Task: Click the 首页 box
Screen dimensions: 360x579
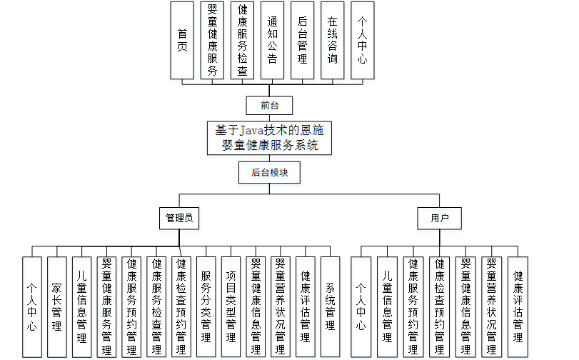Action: pos(182,40)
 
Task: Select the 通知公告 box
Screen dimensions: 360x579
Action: pos(273,40)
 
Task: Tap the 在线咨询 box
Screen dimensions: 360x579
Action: pos(332,40)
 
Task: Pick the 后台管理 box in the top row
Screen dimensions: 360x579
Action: pos(303,40)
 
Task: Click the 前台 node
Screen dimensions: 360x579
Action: pos(269,106)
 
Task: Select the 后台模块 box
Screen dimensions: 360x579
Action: pos(269,172)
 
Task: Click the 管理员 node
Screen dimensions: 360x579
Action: pos(178,218)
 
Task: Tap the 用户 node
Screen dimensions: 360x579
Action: pos(439,218)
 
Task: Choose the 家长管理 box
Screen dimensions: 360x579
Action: pos(57,306)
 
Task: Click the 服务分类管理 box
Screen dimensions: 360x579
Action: pos(206,306)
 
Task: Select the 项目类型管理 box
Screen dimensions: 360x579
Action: pos(231,306)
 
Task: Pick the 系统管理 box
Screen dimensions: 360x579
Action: pos(330,306)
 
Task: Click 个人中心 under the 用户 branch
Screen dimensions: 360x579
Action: pos(361,306)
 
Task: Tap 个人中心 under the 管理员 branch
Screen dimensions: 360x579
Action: pos(32,306)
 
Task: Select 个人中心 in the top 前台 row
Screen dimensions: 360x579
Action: pos(362,40)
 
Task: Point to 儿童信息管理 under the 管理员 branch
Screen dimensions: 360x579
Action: pos(81,306)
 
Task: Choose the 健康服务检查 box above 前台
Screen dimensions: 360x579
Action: pos(243,40)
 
